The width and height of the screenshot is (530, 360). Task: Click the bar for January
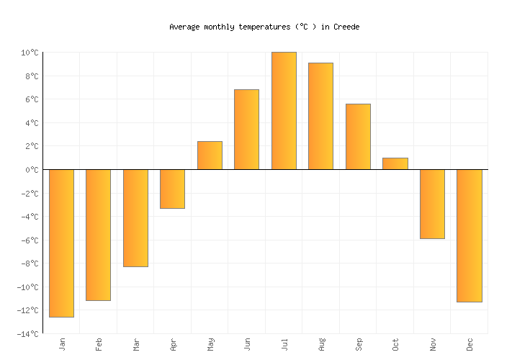pyautogui.click(x=61, y=243)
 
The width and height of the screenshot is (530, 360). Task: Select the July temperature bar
pyautogui.click(x=284, y=111)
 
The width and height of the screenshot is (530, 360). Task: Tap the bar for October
pyautogui.click(x=395, y=163)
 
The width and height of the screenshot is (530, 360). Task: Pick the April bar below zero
pyautogui.click(x=172, y=189)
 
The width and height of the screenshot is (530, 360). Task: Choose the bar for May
pyautogui.click(x=210, y=156)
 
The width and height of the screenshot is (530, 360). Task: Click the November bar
pyautogui.click(x=432, y=204)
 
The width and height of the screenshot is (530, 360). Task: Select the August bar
pyautogui.click(x=320, y=116)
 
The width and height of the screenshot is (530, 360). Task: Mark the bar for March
pyautogui.click(x=135, y=217)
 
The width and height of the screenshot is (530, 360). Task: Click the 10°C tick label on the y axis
pyautogui.click(x=30, y=53)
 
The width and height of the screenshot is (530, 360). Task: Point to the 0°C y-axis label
pyautogui.click(x=32, y=170)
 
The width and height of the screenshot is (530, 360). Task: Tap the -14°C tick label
pyautogui.click(x=27, y=334)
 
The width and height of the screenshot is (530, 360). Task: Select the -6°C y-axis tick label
pyautogui.click(x=30, y=240)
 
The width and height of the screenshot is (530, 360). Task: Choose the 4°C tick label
pyautogui.click(x=32, y=123)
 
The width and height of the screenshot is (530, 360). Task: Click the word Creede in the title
pyautogui.click(x=346, y=27)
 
